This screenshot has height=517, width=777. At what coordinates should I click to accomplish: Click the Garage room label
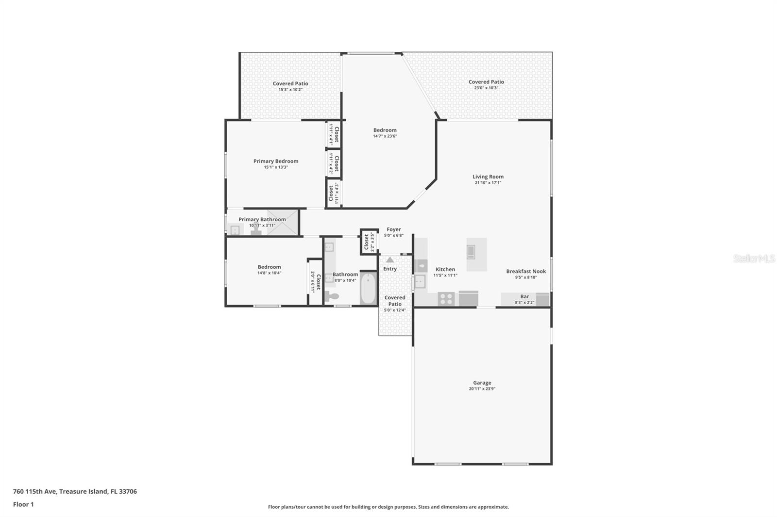(482, 383)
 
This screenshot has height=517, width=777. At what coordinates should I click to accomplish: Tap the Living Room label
(488, 177)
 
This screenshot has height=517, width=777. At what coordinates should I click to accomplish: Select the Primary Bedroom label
(275, 162)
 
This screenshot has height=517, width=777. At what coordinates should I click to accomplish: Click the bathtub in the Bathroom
(369, 288)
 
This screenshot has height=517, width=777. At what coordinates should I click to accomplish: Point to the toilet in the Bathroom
(332, 296)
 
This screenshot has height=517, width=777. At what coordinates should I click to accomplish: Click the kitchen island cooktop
(471, 252)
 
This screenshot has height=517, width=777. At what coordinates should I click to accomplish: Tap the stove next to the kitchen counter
(446, 299)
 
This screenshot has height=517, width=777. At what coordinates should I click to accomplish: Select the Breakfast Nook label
(526, 272)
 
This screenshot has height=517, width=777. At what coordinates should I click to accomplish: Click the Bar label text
(524, 296)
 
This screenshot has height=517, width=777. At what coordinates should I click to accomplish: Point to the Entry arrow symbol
(390, 260)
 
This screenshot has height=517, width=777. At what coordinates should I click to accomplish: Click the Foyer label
(393, 229)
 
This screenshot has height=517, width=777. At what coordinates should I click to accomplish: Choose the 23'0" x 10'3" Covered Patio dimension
(486, 88)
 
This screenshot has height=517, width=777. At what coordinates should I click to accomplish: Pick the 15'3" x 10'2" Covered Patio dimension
(290, 90)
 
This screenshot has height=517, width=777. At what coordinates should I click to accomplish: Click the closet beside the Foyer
(369, 242)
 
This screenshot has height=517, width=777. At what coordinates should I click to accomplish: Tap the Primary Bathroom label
(262, 220)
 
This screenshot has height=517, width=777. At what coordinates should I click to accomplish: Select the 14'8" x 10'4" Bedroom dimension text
(269, 273)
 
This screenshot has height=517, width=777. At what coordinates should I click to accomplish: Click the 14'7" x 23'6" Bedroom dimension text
(385, 136)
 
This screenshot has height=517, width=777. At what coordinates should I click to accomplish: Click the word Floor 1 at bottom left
(23, 504)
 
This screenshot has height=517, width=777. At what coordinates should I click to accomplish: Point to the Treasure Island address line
(75, 491)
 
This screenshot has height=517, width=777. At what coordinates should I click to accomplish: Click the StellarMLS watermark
(754, 258)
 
